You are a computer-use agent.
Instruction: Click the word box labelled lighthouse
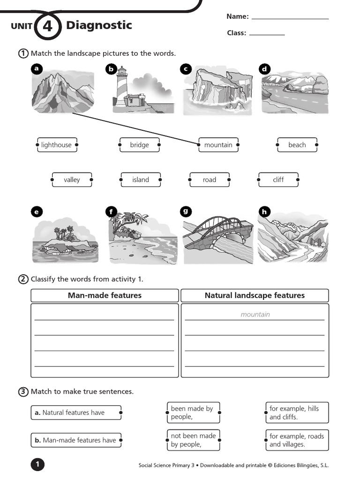[x=57, y=145]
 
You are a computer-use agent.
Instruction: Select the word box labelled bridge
[x=140, y=145]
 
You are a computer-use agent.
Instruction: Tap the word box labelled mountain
[x=218, y=145]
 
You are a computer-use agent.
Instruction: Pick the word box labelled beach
[x=297, y=145]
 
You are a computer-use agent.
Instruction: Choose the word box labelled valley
[x=72, y=180]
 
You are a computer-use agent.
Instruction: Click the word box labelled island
[x=141, y=180]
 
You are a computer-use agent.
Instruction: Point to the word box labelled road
[x=210, y=180]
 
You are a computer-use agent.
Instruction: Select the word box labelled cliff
[x=278, y=180]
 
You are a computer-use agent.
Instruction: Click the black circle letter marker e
[x=36, y=212]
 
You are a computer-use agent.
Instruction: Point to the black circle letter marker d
[x=264, y=69]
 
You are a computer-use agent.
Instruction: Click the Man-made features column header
[x=105, y=295]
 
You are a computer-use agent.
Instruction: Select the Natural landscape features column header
[x=255, y=295]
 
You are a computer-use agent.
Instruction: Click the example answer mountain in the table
[x=255, y=315]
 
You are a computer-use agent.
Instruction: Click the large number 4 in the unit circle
[x=47, y=26]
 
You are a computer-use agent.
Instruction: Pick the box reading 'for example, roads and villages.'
[x=297, y=440]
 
